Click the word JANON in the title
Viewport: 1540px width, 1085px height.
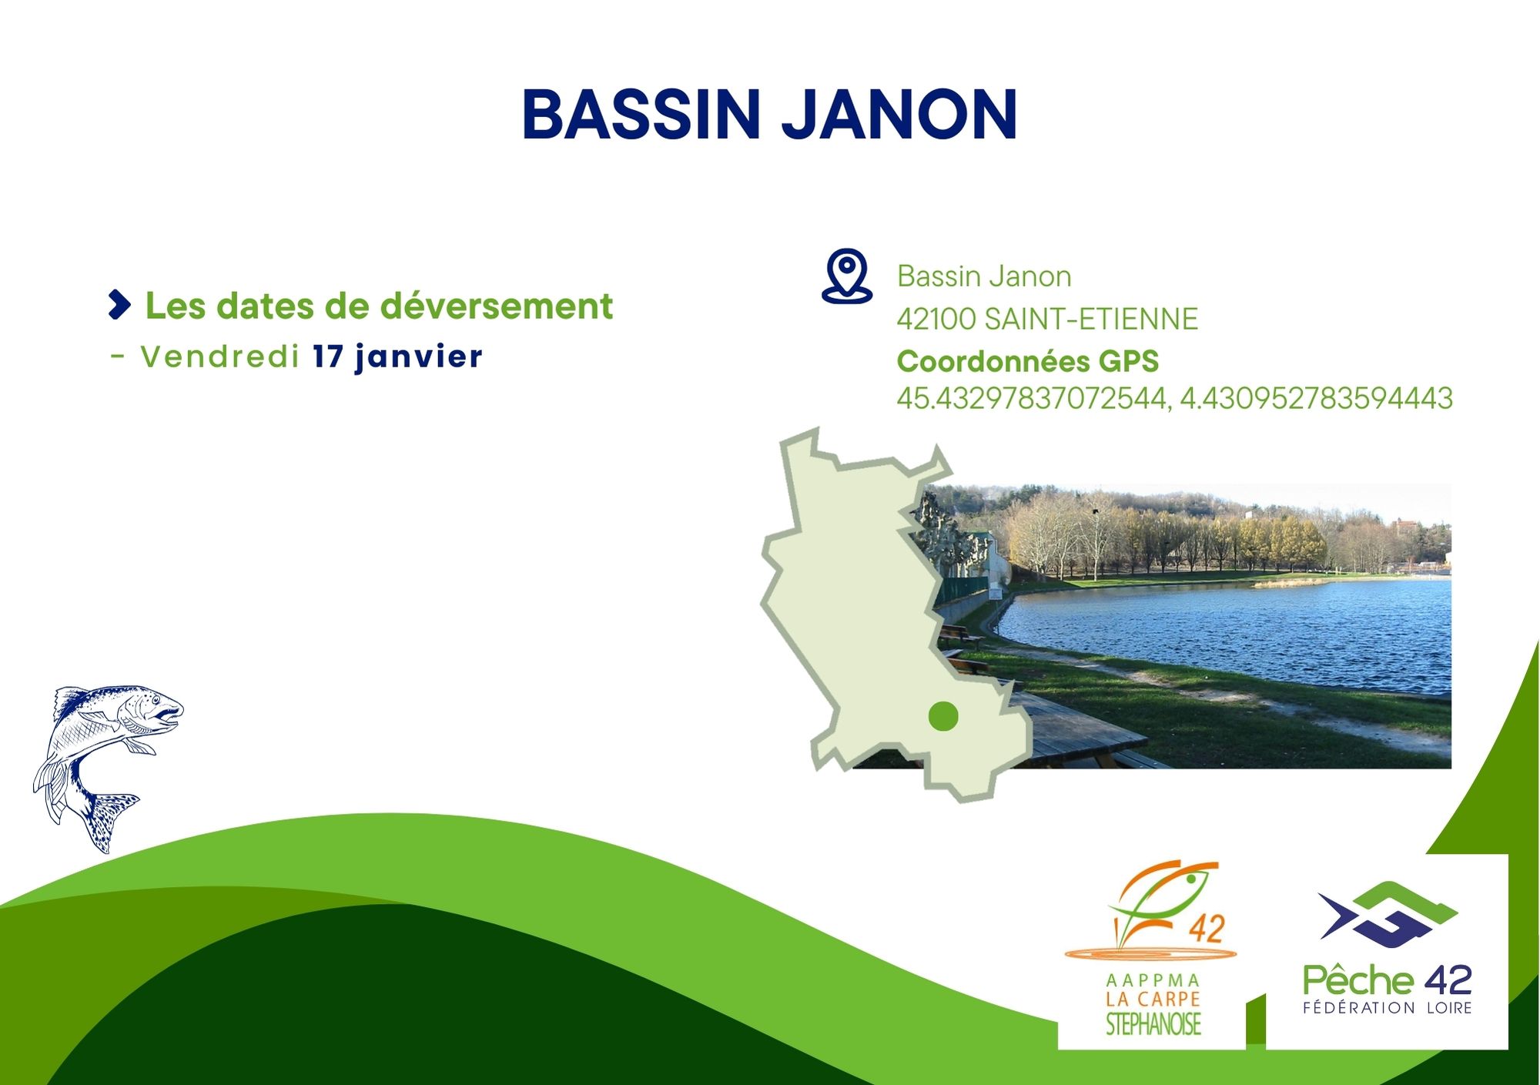[x=900, y=115]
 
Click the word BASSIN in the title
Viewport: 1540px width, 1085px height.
[x=641, y=115]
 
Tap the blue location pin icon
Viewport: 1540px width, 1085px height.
[x=847, y=276]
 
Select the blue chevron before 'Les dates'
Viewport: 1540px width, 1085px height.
[x=119, y=305]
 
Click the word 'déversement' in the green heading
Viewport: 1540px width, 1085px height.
[x=497, y=306]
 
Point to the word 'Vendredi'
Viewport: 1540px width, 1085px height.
[x=219, y=357]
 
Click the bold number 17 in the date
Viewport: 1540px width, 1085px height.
[x=328, y=357]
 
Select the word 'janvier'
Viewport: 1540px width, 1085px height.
[x=419, y=357]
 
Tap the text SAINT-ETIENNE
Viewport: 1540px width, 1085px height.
[x=1091, y=319]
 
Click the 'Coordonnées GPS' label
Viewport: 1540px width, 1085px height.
[x=1028, y=361]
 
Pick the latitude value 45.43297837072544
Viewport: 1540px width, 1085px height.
[x=1032, y=399]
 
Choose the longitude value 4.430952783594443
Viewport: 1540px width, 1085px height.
[x=1317, y=398]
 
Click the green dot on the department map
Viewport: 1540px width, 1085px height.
[x=943, y=716]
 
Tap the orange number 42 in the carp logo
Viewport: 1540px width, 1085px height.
[x=1206, y=929]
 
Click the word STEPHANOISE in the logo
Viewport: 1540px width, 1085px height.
[x=1153, y=1024]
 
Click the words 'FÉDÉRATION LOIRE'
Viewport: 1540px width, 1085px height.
[x=1388, y=1007]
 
